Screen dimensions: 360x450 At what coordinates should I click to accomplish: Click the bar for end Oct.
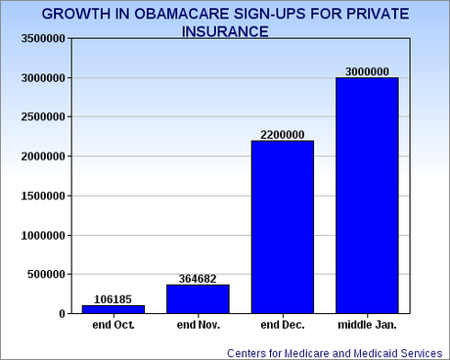tap(113, 309)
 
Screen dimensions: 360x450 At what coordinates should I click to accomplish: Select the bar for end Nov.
tap(199, 298)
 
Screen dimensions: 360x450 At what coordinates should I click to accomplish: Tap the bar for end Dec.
tap(283, 227)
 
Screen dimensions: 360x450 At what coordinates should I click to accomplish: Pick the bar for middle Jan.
tap(367, 196)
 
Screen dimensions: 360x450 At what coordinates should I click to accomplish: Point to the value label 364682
tap(199, 279)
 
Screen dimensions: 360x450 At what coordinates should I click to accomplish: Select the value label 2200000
tap(283, 134)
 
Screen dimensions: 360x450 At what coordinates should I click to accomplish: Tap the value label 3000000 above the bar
tap(367, 71)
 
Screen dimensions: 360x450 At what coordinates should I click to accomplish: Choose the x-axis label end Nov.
tap(199, 324)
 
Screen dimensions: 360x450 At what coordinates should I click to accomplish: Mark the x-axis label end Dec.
tap(283, 324)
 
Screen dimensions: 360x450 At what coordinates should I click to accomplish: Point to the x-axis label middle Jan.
tap(367, 324)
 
